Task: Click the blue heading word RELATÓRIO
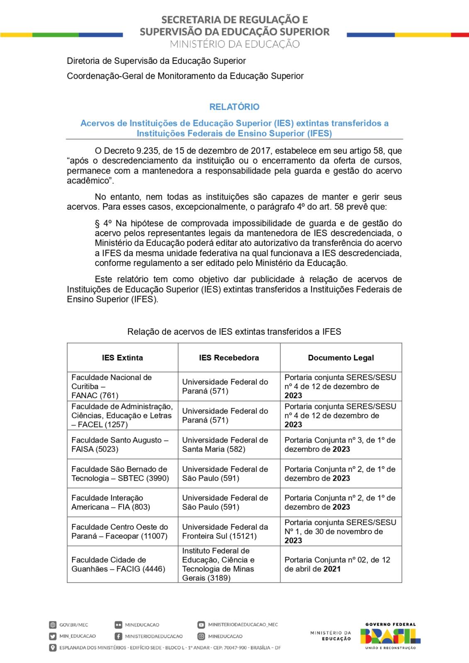pyautogui.click(x=234, y=107)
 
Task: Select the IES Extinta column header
pyautogui.click(x=122, y=358)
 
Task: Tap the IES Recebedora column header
pyautogui.click(x=229, y=358)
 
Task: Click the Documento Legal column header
pyautogui.click(x=341, y=358)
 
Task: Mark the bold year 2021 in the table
pyautogui.click(x=332, y=569)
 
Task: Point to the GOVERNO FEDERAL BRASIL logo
pyautogui.click(x=390, y=636)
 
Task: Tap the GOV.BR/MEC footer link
pyautogui.click(x=74, y=625)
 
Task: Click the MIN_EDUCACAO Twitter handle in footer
pyautogui.click(x=78, y=636)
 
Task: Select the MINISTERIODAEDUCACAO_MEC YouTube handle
pyautogui.click(x=243, y=624)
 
